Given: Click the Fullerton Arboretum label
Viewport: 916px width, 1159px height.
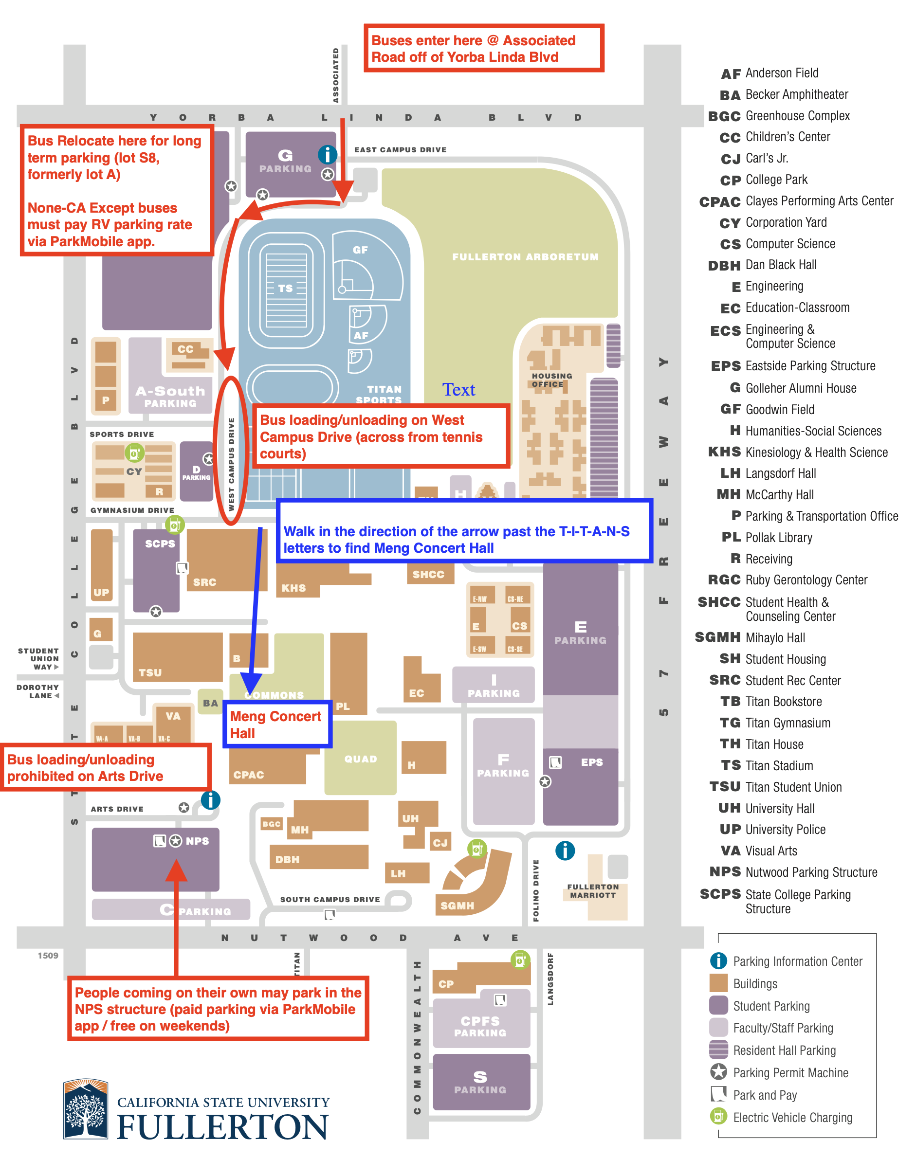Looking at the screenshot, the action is [x=525, y=257].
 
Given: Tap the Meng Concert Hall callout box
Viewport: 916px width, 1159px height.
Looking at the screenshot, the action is [x=277, y=724].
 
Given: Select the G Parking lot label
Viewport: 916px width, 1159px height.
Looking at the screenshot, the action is [x=285, y=161].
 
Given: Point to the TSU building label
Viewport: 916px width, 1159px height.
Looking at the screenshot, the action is [x=150, y=672].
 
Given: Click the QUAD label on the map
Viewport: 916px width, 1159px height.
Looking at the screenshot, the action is [x=360, y=759].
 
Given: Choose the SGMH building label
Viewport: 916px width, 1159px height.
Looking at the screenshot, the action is [x=457, y=905].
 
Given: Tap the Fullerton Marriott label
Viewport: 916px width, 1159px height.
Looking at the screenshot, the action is [x=593, y=891].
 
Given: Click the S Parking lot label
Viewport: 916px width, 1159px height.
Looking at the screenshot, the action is [x=480, y=1082].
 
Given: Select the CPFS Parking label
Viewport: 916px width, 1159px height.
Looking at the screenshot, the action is [x=480, y=1026].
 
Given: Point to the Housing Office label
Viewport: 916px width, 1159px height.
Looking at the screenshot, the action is [x=551, y=380].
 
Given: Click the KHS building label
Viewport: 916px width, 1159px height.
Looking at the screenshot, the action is [x=293, y=588].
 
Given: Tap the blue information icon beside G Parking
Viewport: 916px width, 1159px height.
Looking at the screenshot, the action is [x=328, y=155].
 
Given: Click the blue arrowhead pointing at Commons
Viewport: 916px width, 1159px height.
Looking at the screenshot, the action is [x=251, y=684].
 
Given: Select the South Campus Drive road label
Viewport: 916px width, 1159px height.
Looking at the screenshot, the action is [x=330, y=899].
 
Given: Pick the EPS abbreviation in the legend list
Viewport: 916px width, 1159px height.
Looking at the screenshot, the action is [x=725, y=366].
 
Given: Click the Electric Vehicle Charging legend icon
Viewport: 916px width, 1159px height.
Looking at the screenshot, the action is [x=718, y=1117].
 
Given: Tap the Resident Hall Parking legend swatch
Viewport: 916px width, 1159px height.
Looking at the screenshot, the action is [x=718, y=1050].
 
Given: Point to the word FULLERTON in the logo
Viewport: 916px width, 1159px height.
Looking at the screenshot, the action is [x=222, y=1127].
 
